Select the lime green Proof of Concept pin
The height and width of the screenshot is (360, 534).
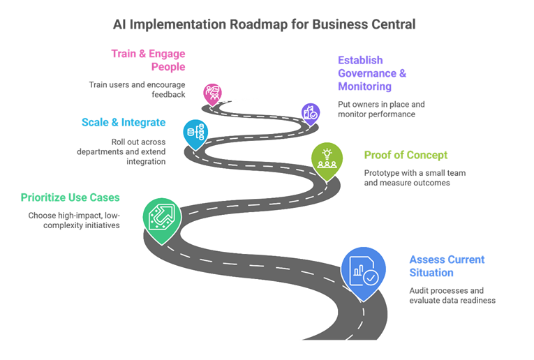point(326,159)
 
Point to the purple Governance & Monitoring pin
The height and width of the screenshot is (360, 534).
point(310,112)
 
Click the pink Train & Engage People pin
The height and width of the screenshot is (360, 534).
point(212,93)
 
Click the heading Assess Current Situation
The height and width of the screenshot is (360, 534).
point(447,266)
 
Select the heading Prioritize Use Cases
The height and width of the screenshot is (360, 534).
point(70,197)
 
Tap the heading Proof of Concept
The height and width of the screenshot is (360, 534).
point(406,155)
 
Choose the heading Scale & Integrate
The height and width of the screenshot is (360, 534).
point(124,122)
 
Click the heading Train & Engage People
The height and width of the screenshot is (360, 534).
point(148,60)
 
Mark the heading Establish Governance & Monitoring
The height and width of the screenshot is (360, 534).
point(372,73)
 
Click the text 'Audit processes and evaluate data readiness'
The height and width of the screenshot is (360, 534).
point(452,295)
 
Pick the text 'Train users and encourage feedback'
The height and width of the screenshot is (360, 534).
point(137,89)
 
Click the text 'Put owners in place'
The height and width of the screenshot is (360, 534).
point(381,105)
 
